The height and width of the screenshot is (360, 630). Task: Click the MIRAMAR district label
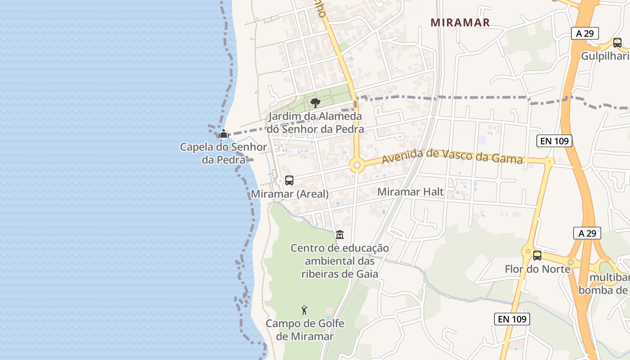pyautogui.click(x=460, y=22)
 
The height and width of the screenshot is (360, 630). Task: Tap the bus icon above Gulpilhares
pyautogui.click(x=617, y=43)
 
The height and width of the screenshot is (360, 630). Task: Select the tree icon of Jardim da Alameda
pyautogui.click(x=315, y=103)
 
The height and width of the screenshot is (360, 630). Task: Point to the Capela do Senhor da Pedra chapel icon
pyautogui.click(x=223, y=134)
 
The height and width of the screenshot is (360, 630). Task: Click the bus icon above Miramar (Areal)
pyautogui.click(x=289, y=180)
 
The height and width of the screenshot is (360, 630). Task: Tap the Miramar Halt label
pyautogui.click(x=410, y=192)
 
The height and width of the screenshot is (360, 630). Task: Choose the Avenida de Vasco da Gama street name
pyautogui.click(x=452, y=156)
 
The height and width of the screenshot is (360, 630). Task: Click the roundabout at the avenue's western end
pyautogui.click(x=357, y=165)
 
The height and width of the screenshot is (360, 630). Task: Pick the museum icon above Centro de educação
pyautogui.click(x=340, y=235)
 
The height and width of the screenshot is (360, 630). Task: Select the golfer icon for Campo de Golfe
pyautogui.click(x=304, y=310)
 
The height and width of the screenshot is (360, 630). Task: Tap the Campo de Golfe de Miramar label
pyautogui.click(x=305, y=330)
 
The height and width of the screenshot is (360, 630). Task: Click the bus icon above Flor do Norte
pyautogui.click(x=537, y=256)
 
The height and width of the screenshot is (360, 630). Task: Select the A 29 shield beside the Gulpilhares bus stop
pyautogui.click(x=585, y=33)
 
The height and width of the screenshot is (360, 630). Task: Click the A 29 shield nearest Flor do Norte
pyautogui.click(x=587, y=233)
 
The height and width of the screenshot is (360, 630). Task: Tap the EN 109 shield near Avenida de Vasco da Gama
pyautogui.click(x=555, y=141)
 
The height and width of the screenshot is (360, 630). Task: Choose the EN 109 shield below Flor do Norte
pyautogui.click(x=512, y=319)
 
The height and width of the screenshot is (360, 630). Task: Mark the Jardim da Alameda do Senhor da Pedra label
pyautogui.click(x=315, y=123)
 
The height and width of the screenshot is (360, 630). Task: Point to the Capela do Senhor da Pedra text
pyautogui.click(x=223, y=153)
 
